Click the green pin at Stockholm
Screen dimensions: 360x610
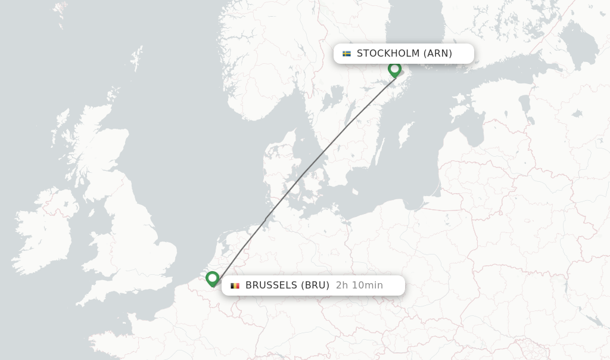[394, 69]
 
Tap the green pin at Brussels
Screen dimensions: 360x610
[213, 278]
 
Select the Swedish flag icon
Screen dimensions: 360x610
[347, 54]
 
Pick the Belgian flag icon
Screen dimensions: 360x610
[235, 285]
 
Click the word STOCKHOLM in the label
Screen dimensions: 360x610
[388, 54]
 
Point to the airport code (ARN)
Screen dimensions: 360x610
[438, 54]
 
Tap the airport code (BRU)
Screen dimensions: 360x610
[315, 285]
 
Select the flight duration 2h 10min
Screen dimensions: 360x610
[359, 285]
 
